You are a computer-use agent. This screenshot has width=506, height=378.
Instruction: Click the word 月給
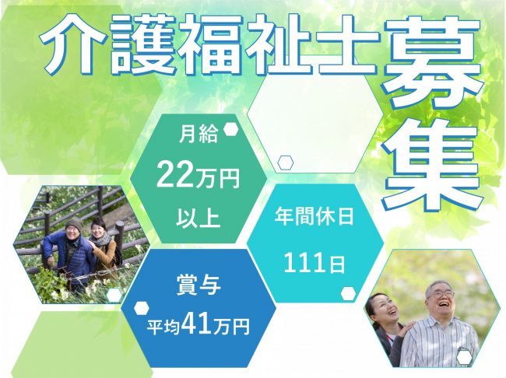point(198,135)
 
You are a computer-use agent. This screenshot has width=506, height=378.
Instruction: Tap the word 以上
point(198,219)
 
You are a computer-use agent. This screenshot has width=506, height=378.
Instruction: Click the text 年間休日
point(314,216)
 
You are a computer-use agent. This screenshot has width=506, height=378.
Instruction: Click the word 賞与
point(199,285)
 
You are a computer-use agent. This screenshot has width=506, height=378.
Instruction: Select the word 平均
point(163,327)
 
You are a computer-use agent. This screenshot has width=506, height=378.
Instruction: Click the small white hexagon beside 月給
point(231,130)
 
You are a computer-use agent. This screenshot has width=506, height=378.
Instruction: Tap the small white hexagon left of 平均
point(142,308)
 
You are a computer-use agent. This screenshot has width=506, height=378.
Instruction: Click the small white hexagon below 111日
point(349,293)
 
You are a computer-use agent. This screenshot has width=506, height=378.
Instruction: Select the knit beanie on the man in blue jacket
point(74,223)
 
